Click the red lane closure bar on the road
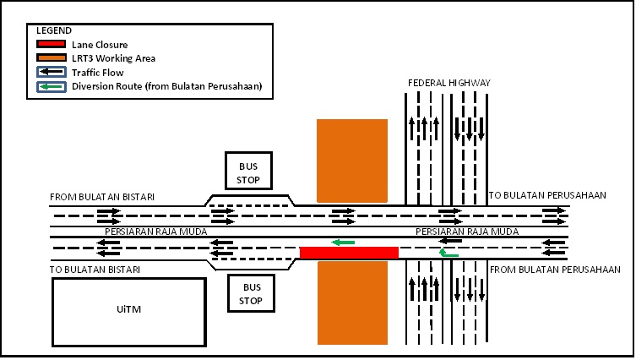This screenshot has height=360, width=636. coord(349,253)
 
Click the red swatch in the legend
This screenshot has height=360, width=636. coord(51,44)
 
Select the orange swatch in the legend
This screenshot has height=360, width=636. coord(51,58)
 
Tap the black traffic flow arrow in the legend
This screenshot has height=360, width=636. coord(51,73)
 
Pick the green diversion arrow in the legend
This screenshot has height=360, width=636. coord(51,86)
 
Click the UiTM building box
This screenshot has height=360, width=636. coord(129,310)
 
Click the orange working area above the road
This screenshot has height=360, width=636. coord(351,161)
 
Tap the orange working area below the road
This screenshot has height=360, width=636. coord(351,302)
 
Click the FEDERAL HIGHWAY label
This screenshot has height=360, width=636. coord(448,83)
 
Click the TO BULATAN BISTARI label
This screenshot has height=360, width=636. coord(95,270)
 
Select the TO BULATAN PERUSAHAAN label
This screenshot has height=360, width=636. coord(547,195)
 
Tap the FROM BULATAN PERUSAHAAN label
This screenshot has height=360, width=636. coord(555,270)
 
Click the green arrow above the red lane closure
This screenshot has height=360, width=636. coord(343,243)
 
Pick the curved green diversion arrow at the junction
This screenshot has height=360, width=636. coord(448,252)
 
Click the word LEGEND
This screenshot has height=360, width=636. coord(54,30)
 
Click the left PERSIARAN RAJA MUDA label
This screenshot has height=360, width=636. coord(156,231)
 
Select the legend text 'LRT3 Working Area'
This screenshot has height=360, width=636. coord(113,58)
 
